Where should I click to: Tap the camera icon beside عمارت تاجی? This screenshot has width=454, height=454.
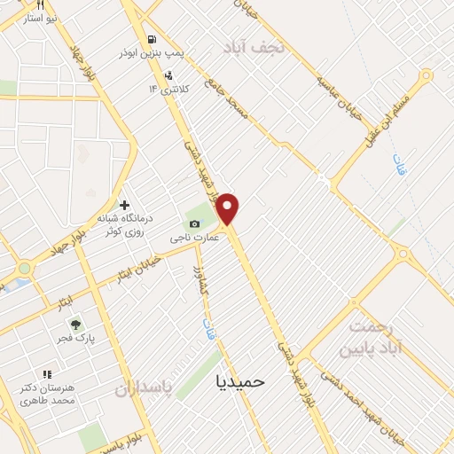click(195, 223)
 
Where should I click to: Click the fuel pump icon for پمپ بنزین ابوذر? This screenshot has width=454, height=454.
click(153, 39)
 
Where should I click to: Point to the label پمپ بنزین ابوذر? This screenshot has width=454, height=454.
click(153, 53)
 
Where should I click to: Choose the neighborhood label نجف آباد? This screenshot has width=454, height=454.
click(256, 46)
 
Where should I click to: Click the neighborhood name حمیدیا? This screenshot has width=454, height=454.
click(240, 380)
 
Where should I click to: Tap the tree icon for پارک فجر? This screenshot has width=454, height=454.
click(74, 325)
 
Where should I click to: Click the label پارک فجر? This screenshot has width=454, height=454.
click(77, 339)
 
